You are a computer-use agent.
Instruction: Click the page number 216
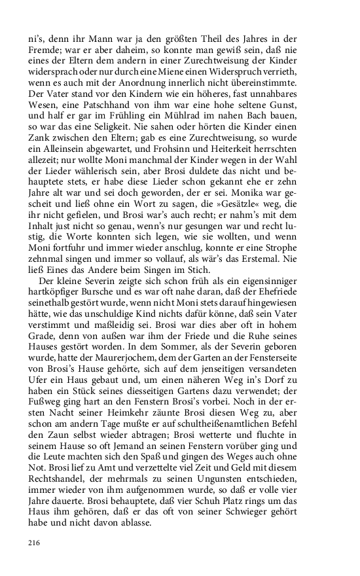pyautogui.click(x=34, y=543)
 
